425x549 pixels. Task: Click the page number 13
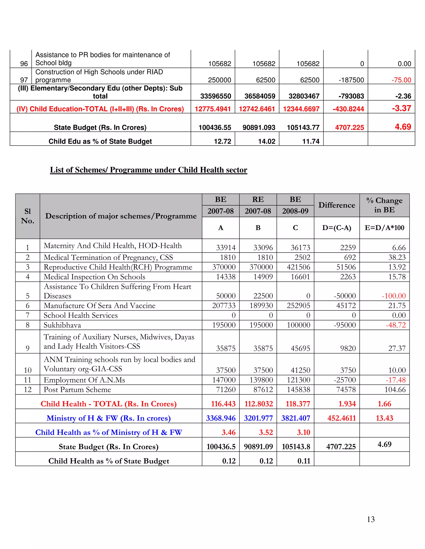371,519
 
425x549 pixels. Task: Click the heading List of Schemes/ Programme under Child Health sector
149,170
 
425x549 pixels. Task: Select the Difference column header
337,205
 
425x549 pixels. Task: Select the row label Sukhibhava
62,325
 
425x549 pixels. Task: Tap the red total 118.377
298,404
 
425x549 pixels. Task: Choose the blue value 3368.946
221,418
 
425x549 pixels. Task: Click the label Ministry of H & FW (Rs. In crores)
109,418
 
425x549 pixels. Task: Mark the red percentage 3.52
266,432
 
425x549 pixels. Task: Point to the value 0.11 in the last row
304,461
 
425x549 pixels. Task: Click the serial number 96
24,64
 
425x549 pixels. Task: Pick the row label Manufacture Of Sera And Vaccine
99,306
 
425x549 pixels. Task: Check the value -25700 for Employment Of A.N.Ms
345,380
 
